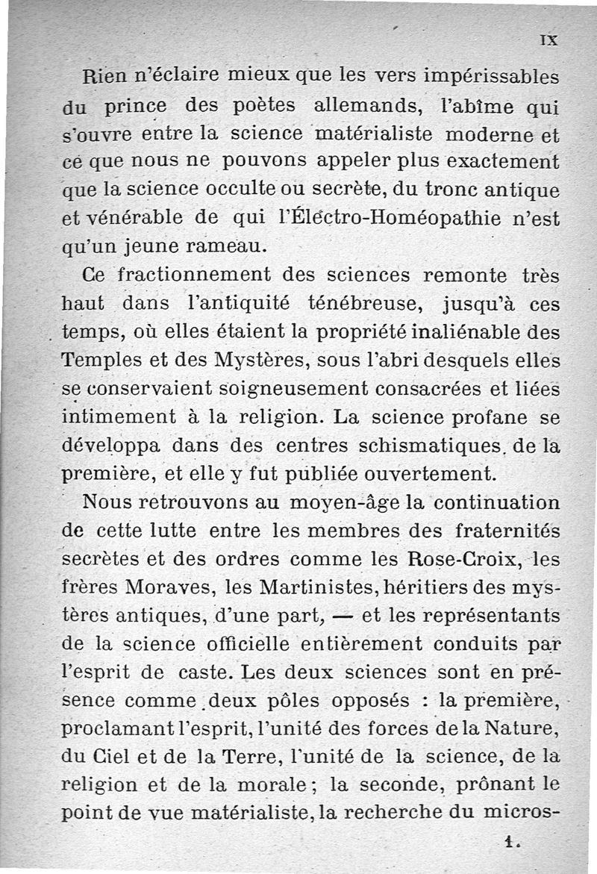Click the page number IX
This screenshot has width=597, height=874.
pos(551,41)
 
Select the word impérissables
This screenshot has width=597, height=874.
pos(489,77)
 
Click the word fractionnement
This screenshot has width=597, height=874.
pos(196,275)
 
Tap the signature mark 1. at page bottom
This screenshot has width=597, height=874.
pos(510,841)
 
